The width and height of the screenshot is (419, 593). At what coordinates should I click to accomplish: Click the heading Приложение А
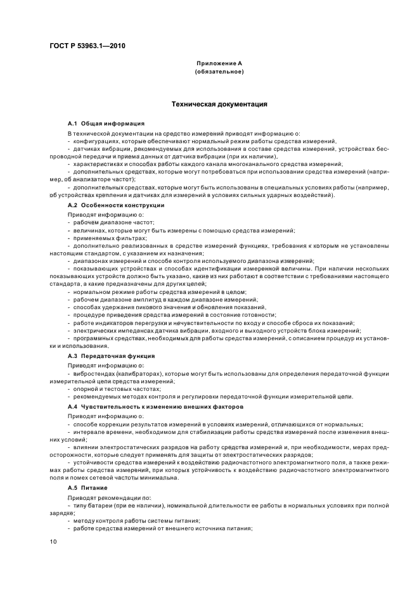point(219,64)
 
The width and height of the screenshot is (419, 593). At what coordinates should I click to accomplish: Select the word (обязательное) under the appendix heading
point(219,72)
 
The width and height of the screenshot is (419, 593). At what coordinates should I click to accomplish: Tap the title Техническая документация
point(219,103)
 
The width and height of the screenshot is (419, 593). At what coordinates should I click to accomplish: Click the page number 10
point(53,541)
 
